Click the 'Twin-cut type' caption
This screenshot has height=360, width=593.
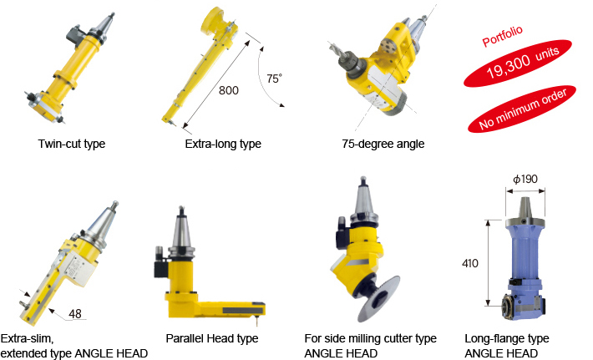(x=72, y=144)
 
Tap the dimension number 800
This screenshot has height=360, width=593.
(x=228, y=90)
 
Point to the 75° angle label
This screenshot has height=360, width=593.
(x=274, y=79)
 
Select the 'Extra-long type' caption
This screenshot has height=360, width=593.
(x=223, y=144)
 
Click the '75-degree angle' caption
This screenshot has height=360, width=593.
(x=383, y=144)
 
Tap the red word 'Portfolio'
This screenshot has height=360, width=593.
(x=502, y=36)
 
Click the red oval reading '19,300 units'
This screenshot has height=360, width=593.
(x=518, y=63)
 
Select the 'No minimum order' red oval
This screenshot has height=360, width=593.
(x=522, y=109)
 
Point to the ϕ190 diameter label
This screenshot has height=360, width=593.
(x=525, y=179)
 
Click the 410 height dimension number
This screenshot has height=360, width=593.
(x=470, y=263)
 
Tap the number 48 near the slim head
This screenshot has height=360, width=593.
(x=75, y=313)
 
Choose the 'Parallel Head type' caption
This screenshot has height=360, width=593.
(x=212, y=338)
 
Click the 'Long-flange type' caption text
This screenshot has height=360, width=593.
(x=507, y=338)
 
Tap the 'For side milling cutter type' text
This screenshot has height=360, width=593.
(x=370, y=338)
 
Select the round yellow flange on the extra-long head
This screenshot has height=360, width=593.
(x=213, y=19)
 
